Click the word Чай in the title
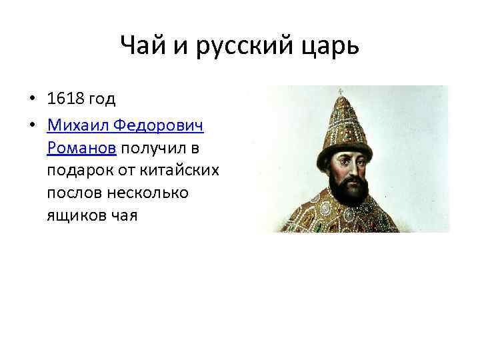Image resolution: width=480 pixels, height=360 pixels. (142, 47)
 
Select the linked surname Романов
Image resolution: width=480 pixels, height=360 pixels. (81, 147)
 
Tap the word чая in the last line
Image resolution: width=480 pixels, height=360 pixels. (125, 215)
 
